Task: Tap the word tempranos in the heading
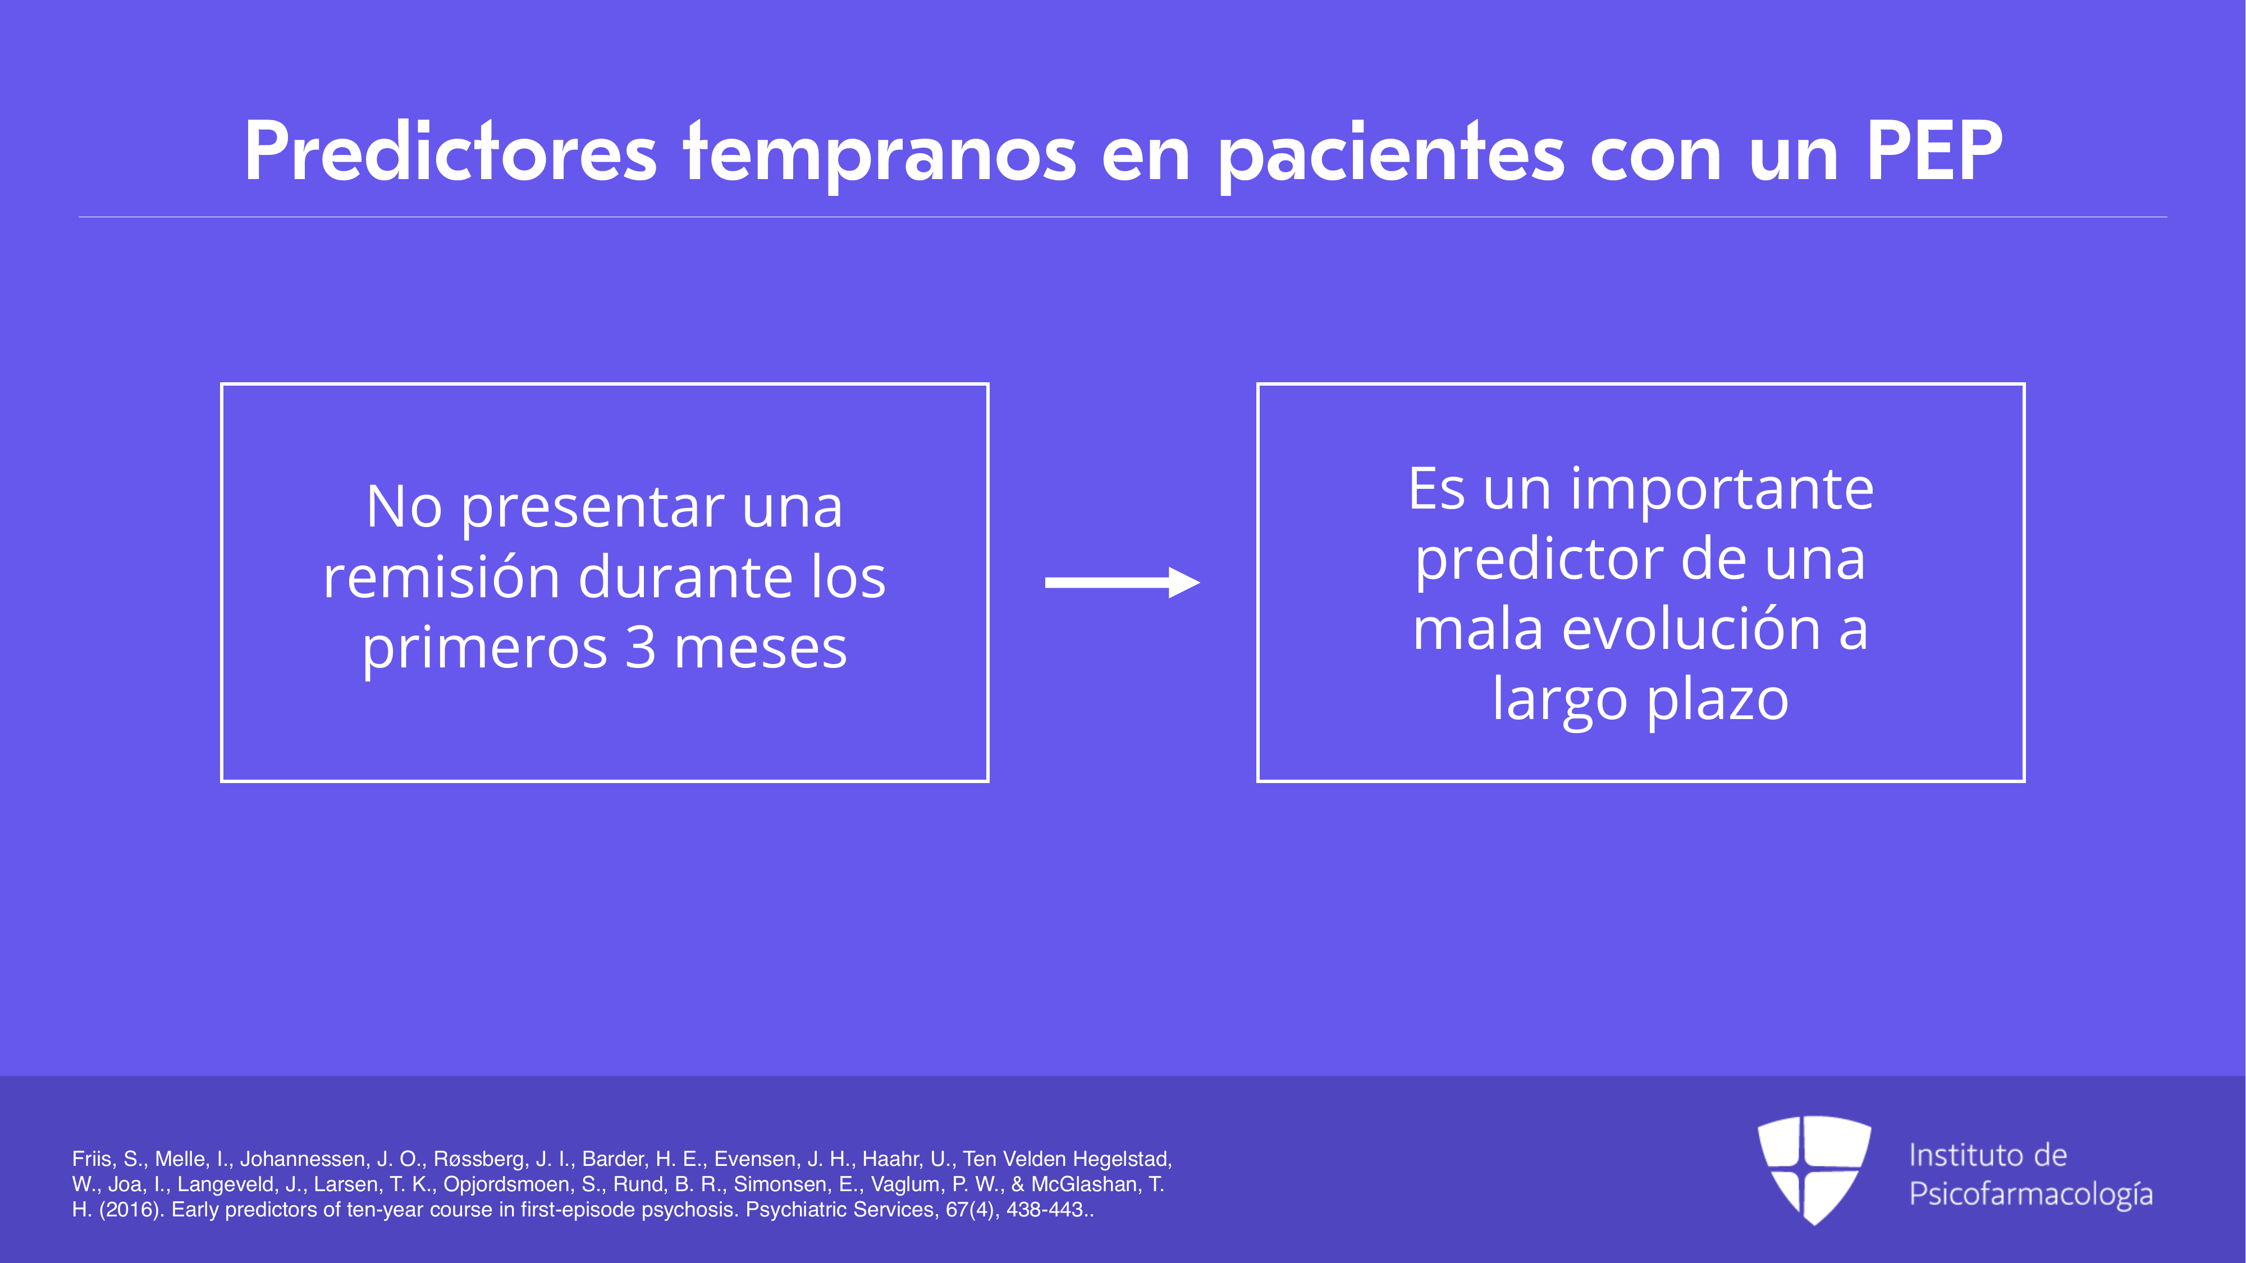click(x=881, y=155)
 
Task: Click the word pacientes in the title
click(x=1390, y=155)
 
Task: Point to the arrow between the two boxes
click(x=1122, y=582)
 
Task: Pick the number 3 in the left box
click(x=641, y=648)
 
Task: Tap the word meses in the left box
click(x=760, y=649)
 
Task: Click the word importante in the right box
click(x=1722, y=490)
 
